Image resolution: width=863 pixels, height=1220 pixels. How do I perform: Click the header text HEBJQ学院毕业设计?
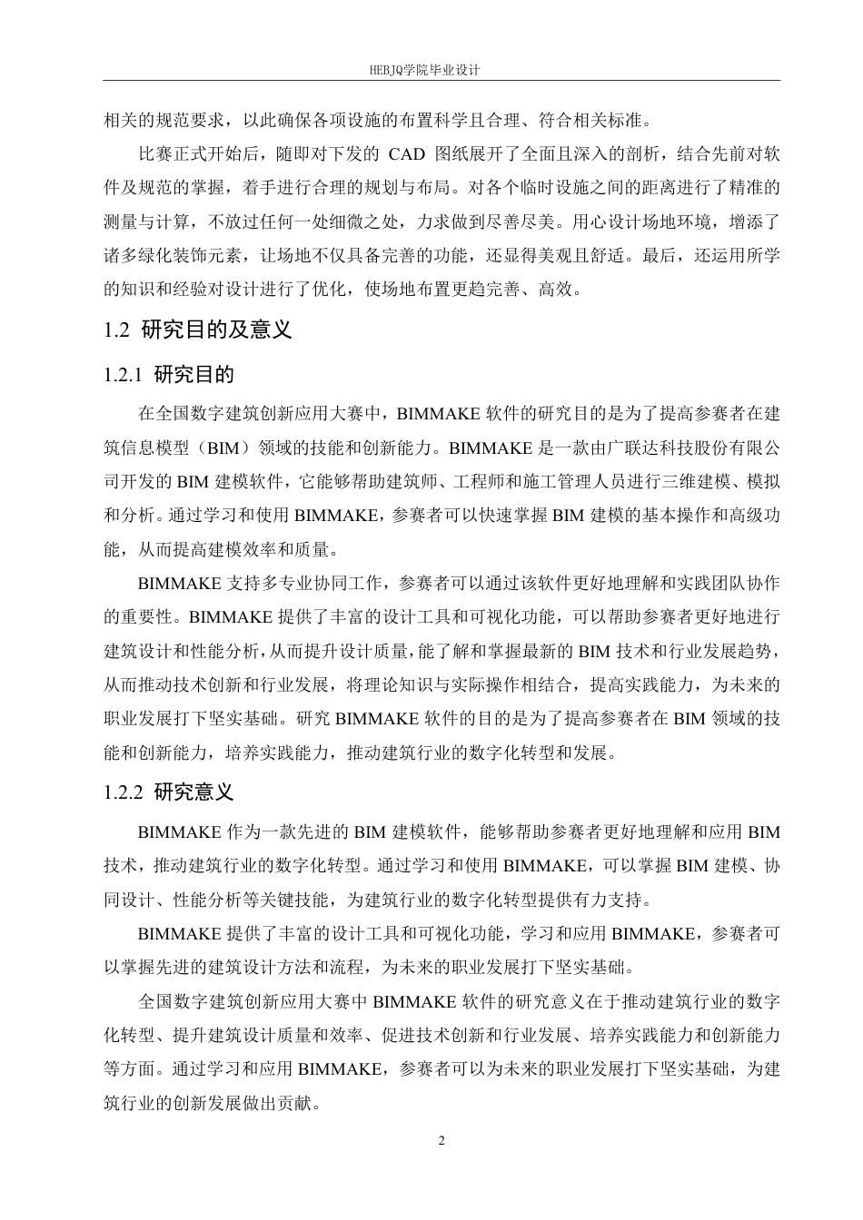431,69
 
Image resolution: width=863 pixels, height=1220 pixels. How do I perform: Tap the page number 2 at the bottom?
441,1140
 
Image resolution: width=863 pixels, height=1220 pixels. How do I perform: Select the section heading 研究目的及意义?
217,330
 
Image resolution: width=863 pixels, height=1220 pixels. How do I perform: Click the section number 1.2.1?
124,374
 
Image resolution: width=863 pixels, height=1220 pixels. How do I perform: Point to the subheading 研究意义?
193,792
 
